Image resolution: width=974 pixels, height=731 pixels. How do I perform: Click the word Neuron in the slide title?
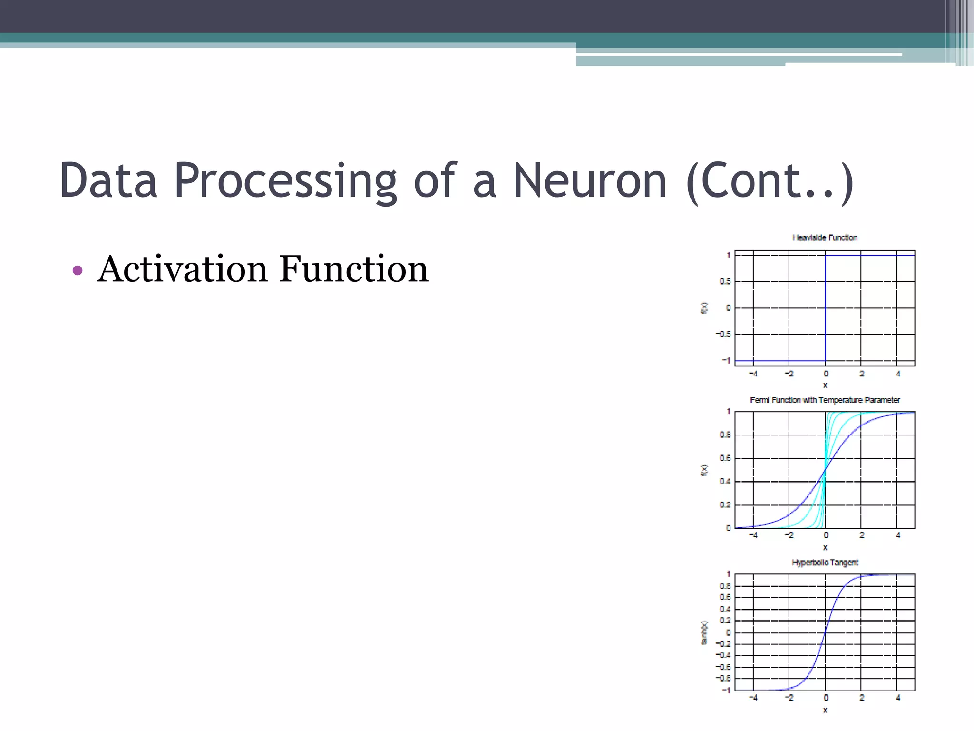[590, 181]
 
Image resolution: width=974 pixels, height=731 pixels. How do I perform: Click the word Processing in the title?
[285, 181]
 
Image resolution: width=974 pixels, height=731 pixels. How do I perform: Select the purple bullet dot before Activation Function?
[78, 271]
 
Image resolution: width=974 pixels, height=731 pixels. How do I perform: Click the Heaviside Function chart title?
[825, 237]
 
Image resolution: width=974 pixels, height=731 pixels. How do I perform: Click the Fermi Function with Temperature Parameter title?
[825, 400]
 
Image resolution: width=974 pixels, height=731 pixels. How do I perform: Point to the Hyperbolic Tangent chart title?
[825, 563]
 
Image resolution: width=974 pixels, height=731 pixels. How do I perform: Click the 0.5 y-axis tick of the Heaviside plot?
[725, 282]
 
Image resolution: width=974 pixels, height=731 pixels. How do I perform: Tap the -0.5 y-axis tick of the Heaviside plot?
[723, 335]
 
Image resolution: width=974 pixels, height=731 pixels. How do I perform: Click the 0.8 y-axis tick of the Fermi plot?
[725, 435]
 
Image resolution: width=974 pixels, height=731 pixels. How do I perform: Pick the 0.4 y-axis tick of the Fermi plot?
[725, 482]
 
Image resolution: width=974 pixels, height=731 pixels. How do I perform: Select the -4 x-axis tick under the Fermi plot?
[753, 535]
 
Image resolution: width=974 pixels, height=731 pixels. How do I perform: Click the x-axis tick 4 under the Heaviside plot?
[897, 374]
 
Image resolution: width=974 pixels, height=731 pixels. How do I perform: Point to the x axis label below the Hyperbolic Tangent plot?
[825, 710]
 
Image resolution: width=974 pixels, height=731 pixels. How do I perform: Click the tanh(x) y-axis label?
[704, 633]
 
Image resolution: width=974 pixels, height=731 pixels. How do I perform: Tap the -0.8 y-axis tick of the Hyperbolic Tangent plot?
[723, 679]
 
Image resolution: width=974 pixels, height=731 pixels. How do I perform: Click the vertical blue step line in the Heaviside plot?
[825, 309]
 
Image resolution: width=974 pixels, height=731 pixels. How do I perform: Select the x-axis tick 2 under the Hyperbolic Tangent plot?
[861, 698]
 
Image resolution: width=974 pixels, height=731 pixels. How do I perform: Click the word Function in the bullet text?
[353, 269]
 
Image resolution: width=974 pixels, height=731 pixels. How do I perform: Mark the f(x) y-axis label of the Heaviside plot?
[704, 308]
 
